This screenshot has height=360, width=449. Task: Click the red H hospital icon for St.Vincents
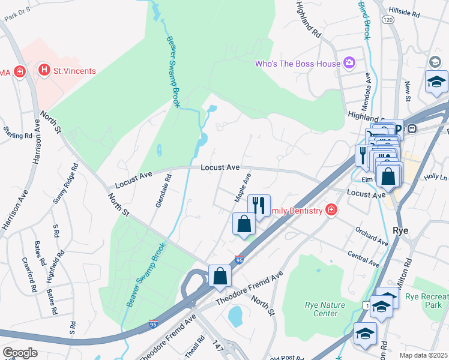click(44, 71)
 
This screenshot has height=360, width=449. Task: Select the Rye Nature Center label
click(321, 309)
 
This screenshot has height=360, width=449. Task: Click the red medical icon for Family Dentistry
click(330, 209)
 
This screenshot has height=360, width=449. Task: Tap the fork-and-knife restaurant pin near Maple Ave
click(259, 206)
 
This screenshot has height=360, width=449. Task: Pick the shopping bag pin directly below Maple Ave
click(244, 224)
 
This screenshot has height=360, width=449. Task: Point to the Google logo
click(19, 353)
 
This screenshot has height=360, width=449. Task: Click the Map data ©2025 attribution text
click(424, 355)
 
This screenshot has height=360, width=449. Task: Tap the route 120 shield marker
click(388, 20)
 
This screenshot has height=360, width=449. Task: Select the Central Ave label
click(364, 259)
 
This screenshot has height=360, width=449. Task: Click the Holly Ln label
click(436, 178)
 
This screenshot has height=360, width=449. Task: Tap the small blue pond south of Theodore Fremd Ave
click(235, 314)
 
